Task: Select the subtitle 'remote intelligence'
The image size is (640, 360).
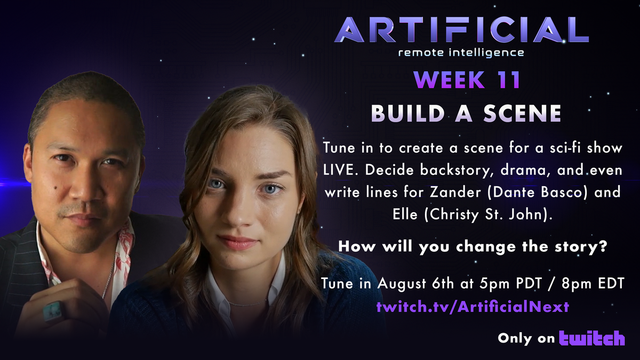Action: pyautogui.click(x=462, y=52)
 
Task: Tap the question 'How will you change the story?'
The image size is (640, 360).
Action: pyautogui.click(x=473, y=247)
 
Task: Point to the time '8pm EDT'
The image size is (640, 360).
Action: pyautogui.click(x=596, y=284)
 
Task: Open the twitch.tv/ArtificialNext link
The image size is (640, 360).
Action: pyautogui.click(x=473, y=307)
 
